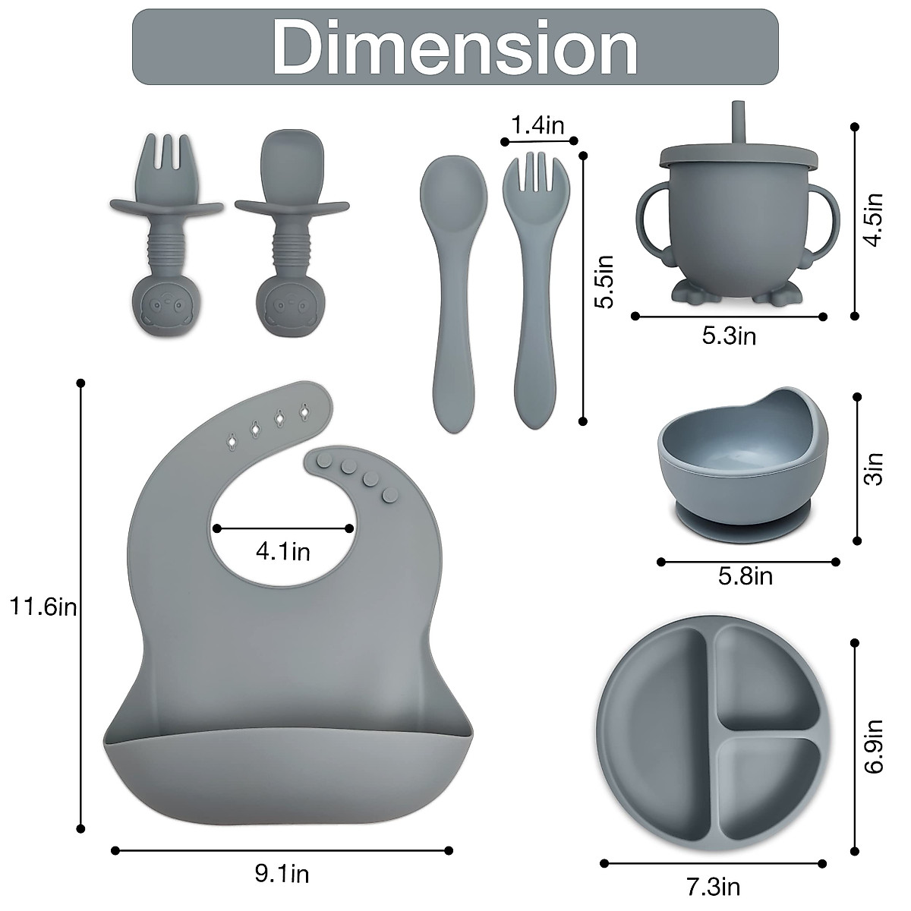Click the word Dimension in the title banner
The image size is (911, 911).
(x=455, y=47)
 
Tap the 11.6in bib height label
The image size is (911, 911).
(x=43, y=607)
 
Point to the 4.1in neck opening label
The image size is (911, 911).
(x=282, y=551)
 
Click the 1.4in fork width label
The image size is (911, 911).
(x=537, y=125)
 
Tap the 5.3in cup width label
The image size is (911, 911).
(x=729, y=336)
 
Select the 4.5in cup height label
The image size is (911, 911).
(x=875, y=219)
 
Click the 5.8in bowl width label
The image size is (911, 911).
(x=746, y=577)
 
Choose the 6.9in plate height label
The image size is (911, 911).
(x=875, y=746)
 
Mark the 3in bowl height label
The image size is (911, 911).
(x=875, y=468)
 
